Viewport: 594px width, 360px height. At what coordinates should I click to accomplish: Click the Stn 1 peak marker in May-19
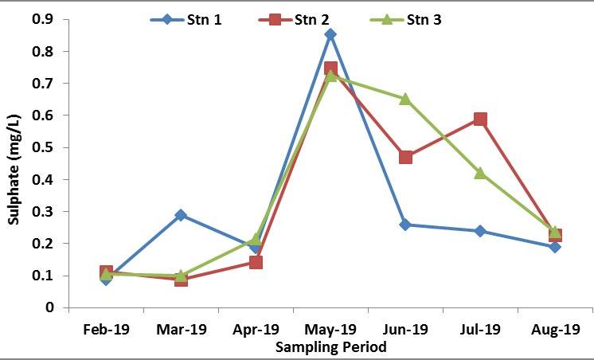(x=330, y=34)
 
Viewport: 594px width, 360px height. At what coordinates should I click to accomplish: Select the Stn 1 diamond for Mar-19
(x=181, y=215)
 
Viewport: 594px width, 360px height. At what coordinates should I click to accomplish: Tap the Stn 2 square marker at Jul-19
(x=480, y=119)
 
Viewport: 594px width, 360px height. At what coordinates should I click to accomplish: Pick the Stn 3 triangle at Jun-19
(x=405, y=99)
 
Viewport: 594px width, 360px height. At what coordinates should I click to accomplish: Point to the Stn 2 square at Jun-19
(x=405, y=157)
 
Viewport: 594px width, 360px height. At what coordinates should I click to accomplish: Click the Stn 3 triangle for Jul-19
(x=480, y=173)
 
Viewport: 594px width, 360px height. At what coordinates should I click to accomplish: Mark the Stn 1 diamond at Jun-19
(x=405, y=225)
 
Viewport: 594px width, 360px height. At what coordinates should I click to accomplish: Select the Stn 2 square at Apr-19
(x=256, y=262)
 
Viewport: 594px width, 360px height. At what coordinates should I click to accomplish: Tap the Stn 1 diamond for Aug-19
(x=555, y=247)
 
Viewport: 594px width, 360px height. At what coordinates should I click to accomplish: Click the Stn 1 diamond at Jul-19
(x=480, y=231)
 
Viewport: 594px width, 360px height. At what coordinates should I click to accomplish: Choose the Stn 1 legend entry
(x=187, y=19)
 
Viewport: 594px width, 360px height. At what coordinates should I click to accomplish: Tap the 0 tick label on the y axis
(x=49, y=307)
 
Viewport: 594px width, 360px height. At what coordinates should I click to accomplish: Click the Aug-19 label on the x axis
(x=555, y=329)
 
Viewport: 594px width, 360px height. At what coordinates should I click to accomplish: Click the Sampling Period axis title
(x=330, y=347)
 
